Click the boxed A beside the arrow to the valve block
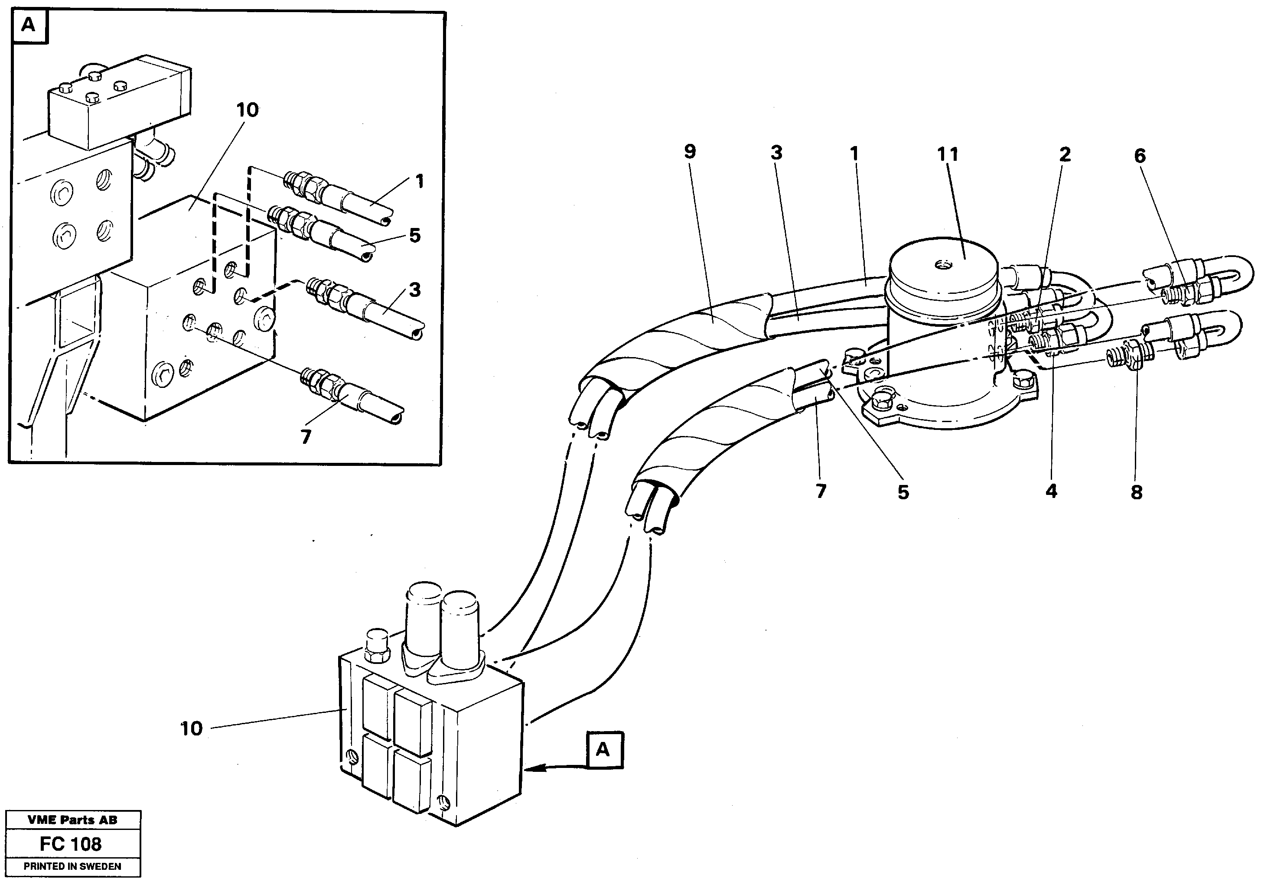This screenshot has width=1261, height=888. click(x=603, y=749)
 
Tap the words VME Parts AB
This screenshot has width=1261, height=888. click(x=72, y=820)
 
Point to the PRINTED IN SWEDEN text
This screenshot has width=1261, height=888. click(x=72, y=867)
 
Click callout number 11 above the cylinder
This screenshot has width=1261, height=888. click(x=948, y=155)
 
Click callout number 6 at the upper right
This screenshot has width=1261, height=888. click(x=1140, y=156)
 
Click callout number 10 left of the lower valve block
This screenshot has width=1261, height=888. click(x=192, y=729)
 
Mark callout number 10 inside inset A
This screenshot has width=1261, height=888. click(x=247, y=111)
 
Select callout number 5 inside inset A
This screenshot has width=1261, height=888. click(x=415, y=236)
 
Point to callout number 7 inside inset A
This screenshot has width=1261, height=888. click(x=306, y=436)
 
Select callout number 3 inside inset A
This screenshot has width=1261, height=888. click(x=415, y=289)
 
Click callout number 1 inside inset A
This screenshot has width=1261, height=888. click(x=420, y=181)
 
